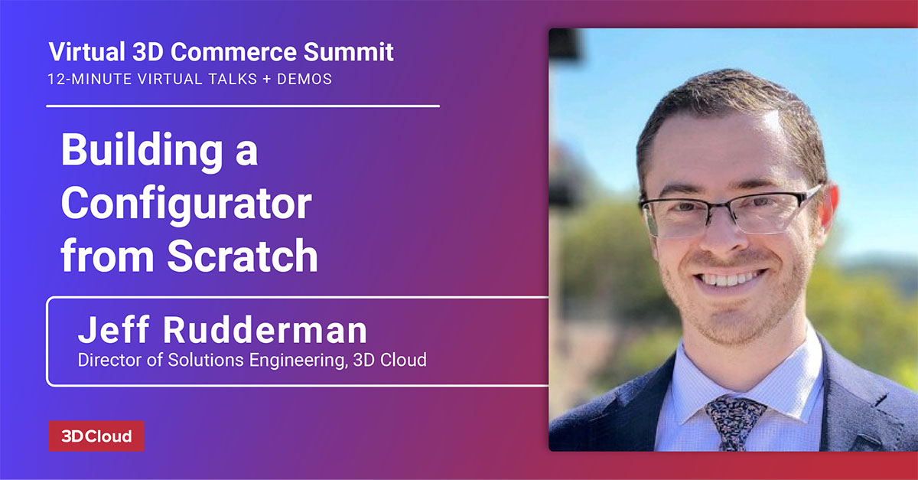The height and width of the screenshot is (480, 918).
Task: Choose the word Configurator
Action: coord(186,204)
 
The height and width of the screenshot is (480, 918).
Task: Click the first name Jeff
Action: coord(112,331)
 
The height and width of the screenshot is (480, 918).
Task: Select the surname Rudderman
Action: coord(263,331)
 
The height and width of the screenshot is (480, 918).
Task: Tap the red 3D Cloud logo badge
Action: coord(96,436)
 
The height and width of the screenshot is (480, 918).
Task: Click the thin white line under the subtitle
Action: coord(243,106)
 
